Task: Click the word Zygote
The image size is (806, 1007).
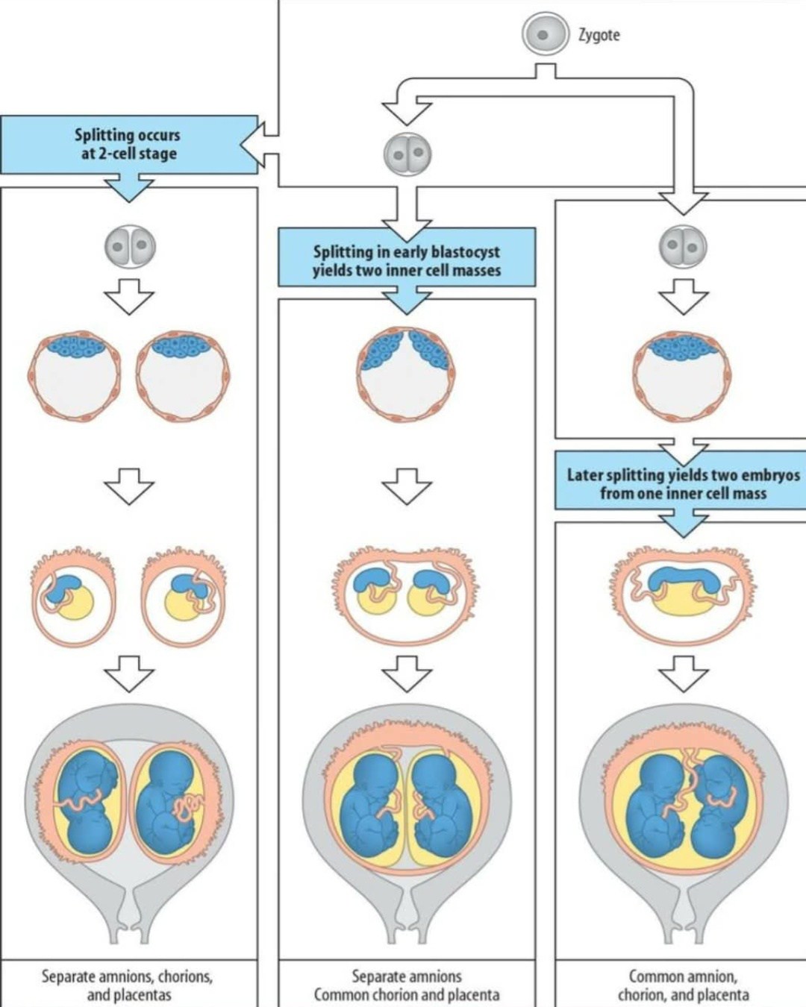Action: [599, 36]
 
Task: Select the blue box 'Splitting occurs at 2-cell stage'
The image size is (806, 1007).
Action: [129, 145]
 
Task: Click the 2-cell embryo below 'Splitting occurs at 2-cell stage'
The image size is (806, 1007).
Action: [129, 246]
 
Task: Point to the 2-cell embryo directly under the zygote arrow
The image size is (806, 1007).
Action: [407, 154]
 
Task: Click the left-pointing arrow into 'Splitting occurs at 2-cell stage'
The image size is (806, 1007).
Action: [260, 145]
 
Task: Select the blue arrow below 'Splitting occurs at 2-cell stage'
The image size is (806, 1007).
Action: [129, 187]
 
